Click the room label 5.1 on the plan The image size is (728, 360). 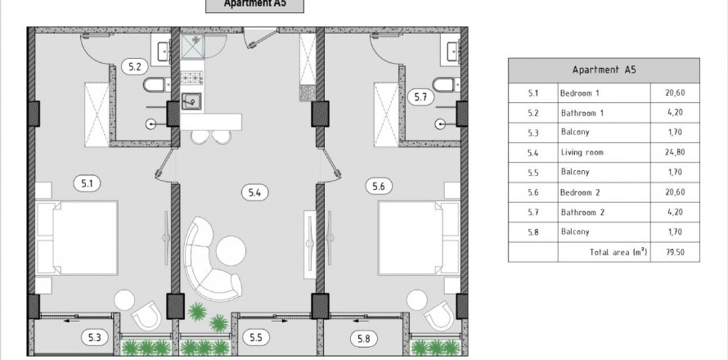88,183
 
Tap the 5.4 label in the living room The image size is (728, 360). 254,191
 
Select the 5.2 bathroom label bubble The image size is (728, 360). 135,66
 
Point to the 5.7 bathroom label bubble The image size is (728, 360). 420,97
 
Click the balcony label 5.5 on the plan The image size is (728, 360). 256,338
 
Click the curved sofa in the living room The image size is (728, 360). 209,260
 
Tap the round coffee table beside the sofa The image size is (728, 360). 231,251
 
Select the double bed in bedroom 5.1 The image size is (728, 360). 77,238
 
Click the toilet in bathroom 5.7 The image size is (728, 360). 445,84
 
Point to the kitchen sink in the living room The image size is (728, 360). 191,101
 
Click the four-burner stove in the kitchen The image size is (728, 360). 191,77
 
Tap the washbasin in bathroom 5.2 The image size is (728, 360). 164,51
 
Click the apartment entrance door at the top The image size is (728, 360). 261,38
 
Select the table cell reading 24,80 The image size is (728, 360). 675,152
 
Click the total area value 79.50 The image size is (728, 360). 675,252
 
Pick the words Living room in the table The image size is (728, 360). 582,152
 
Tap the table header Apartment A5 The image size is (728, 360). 604,70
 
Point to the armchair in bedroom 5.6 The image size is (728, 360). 438,315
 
